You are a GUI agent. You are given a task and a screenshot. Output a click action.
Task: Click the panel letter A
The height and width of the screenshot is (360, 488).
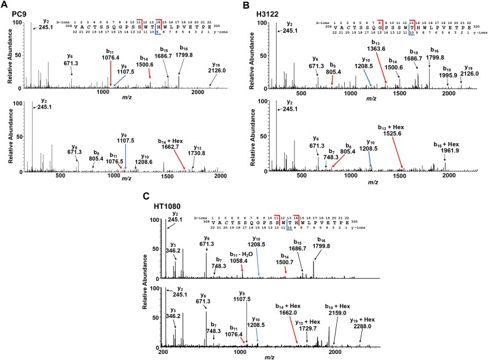(x=5, y=5)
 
